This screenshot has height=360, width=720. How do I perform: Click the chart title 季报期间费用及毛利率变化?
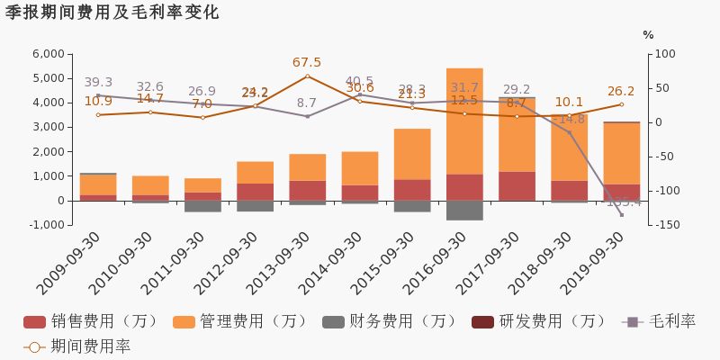112,13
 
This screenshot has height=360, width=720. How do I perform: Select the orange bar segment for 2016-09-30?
464,121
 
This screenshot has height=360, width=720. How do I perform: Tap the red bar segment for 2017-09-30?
517,185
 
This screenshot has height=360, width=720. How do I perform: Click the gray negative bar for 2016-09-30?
464,210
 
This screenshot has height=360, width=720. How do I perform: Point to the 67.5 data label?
307,63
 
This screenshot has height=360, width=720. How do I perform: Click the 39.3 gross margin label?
98,83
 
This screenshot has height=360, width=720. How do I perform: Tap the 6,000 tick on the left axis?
46,54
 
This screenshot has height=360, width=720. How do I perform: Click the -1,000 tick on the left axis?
44,225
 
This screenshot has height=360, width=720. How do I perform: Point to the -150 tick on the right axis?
665,225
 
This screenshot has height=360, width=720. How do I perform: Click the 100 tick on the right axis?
664,54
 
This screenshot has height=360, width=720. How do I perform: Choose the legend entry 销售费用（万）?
90,321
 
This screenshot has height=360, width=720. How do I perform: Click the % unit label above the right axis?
648,35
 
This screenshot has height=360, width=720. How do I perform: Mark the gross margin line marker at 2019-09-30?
621,214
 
